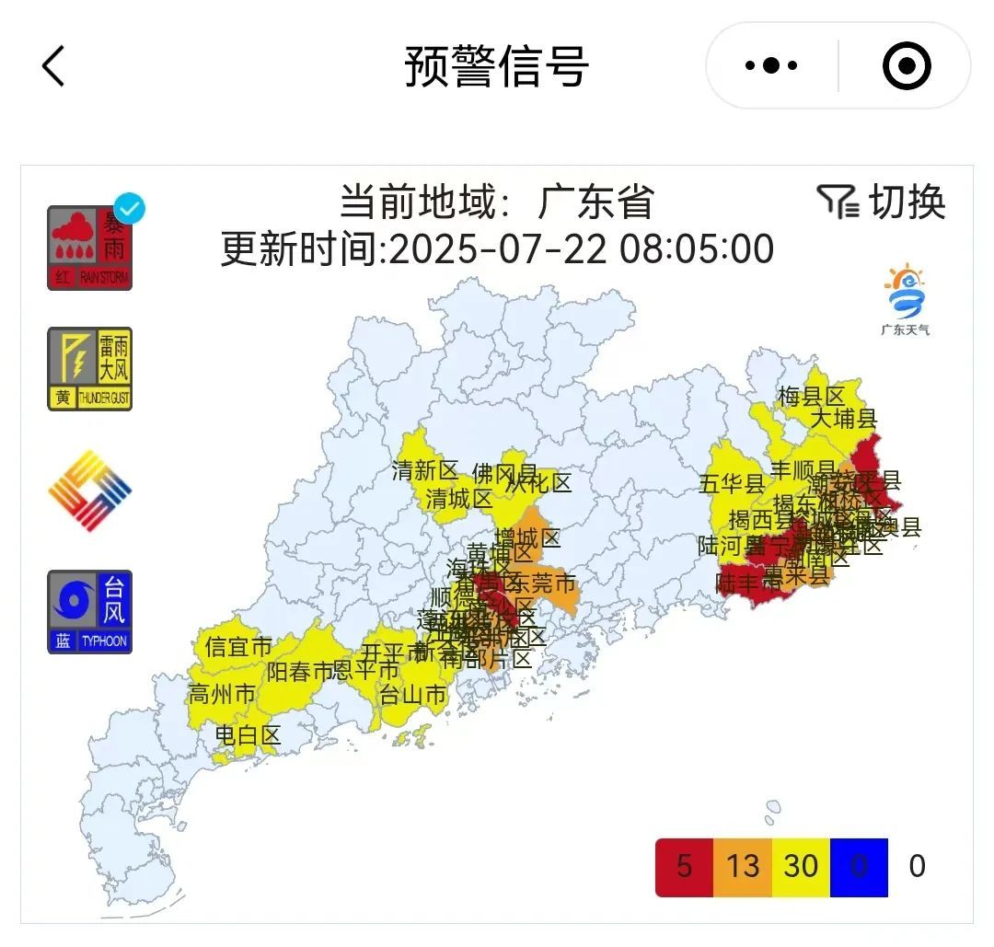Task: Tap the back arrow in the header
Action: click(53, 66)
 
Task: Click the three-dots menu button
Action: click(771, 66)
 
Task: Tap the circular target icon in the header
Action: click(907, 66)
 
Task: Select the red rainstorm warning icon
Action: click(90, 248)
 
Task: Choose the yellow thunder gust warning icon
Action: click(90, 368)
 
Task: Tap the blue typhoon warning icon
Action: click(90, 612)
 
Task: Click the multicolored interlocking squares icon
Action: click(90, 491)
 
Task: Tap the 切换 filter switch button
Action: click(882, 202)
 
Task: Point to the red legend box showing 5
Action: click(684, 867)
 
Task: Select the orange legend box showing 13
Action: click(743, 867)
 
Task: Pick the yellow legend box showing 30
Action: click(801, 867)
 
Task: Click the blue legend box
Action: click(859, 867)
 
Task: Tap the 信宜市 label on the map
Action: click(239, 647)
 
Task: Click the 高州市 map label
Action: click(221, 693)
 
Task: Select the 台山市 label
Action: click(413, 695)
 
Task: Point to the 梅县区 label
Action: click(811, 397)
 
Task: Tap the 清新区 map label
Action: click(424, 471)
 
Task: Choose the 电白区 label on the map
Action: click(248, 735)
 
